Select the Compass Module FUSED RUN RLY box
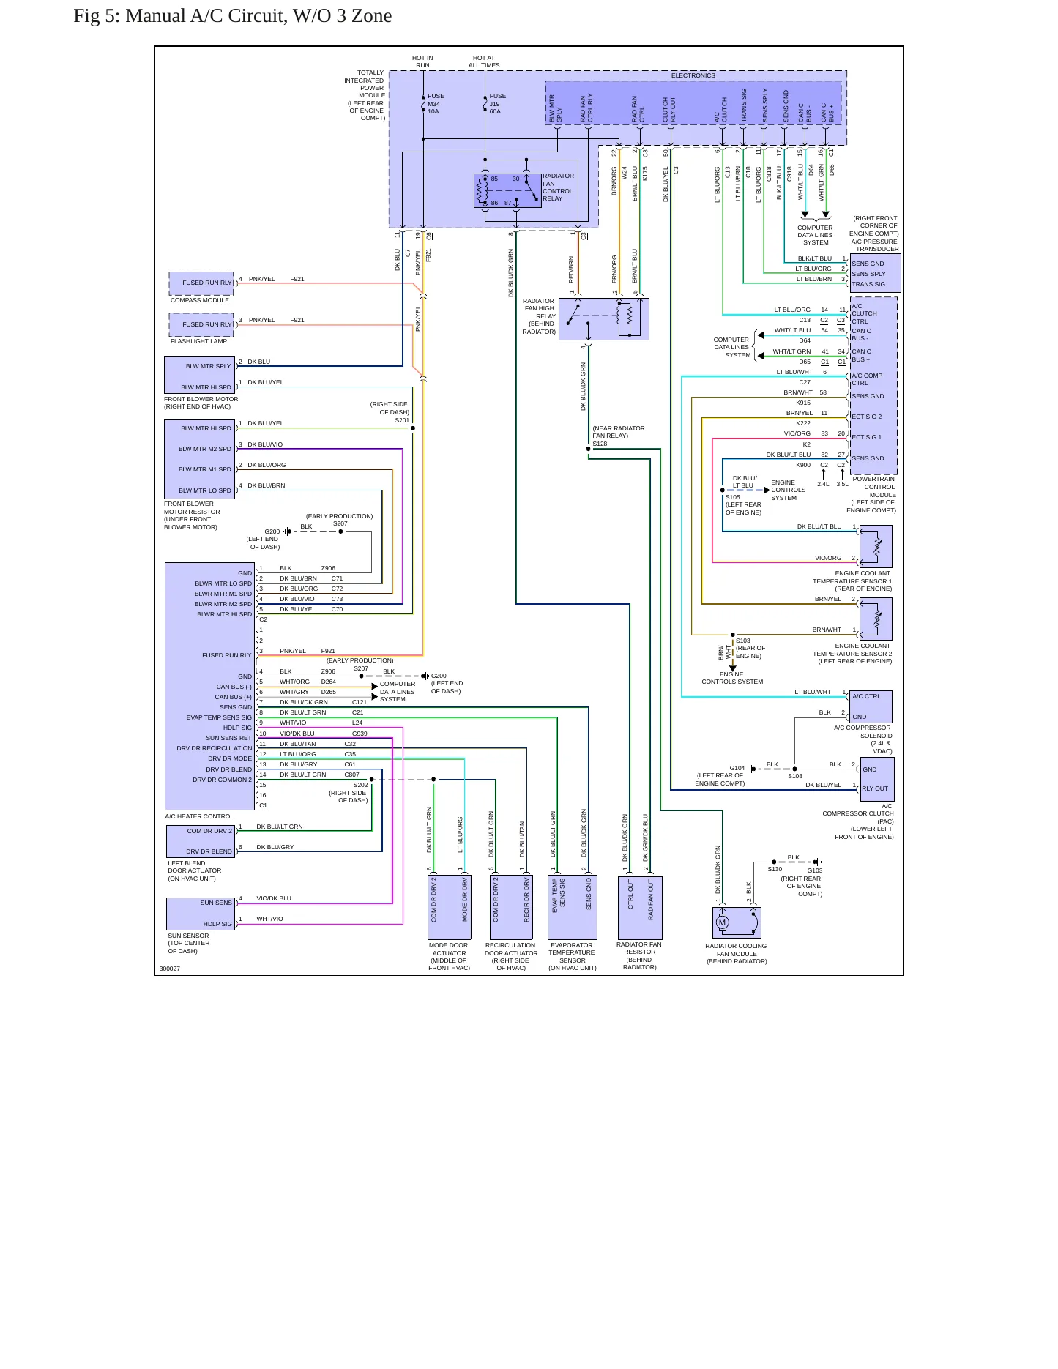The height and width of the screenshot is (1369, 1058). pyautogui.click(x=201, y=282)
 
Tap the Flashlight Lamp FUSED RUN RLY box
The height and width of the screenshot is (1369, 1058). pyautogui.click(x=201, y=324)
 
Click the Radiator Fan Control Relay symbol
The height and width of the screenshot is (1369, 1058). pyautogui.click(x=507, y=190)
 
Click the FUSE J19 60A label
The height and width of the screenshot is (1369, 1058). pyautogui.click(x=497, y=104)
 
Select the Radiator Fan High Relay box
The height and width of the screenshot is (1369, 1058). pyautogui.click(x=604, y=318)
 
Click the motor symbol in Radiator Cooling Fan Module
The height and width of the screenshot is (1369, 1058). pyautogui.click(x=723, y=922)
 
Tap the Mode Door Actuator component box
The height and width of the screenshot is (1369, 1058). pyautogui.click(x=449, y=907)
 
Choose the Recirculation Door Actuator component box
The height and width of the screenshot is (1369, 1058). pyautogui.click(x=511, y=907)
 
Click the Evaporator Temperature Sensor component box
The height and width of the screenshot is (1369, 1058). pyautogui.click(x=573, y=907)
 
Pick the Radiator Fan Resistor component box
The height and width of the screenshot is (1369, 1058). pyautogui.click(x=640, y=908)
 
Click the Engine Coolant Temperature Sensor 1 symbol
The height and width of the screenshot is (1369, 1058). pyautogui.click(x=876, y=546)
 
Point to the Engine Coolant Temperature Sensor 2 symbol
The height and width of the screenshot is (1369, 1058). pyautogui.click(x=876, y=619)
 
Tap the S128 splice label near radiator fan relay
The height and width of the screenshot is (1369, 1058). pyautogui.click(x=600, y=444)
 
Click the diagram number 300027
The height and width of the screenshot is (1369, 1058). pyautogui.click(x=170, y=969)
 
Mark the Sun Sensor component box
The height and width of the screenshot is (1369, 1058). pyautogui.click(x=200, y=914)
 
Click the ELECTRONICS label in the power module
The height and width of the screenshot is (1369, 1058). pyautogui.click(x=693, y=75)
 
